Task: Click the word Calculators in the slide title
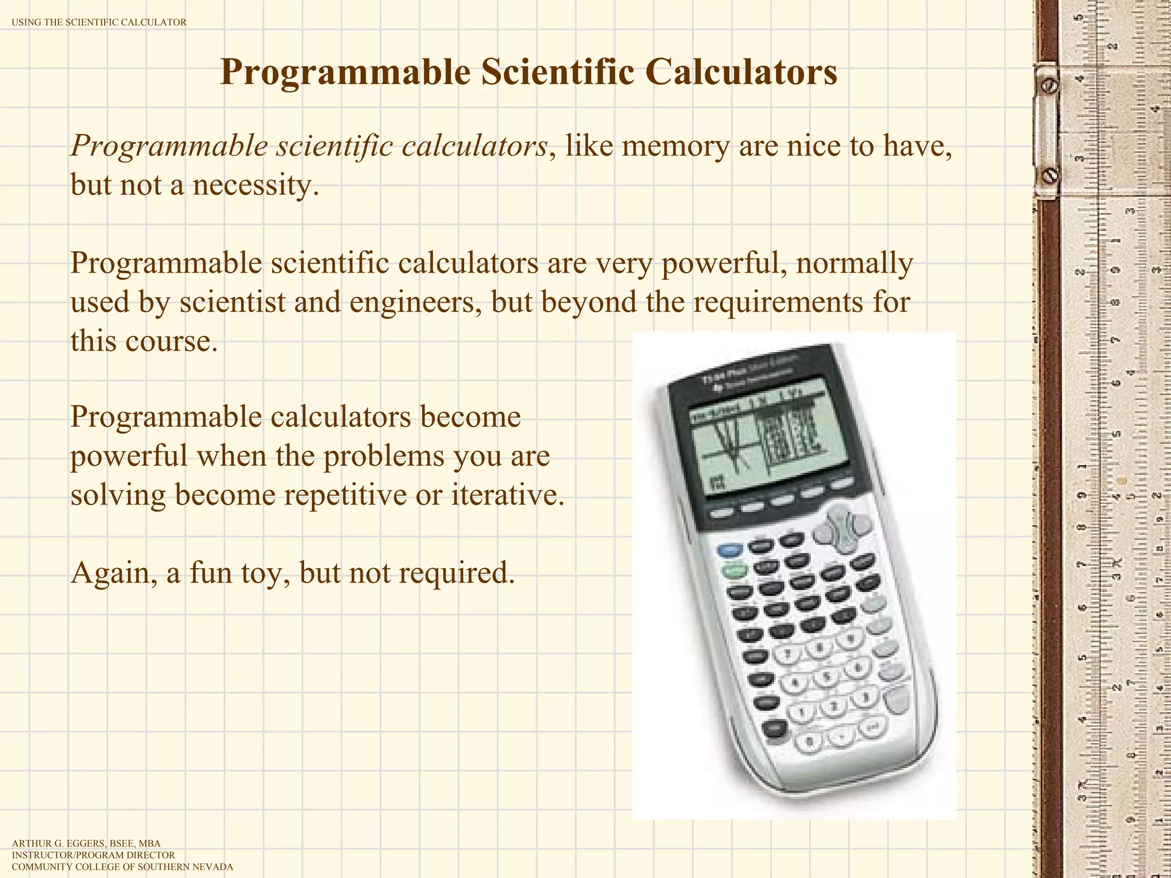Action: tap(742, 72)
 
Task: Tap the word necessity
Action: tap(255, 185)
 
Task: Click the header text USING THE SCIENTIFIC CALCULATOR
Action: tap(99, 22)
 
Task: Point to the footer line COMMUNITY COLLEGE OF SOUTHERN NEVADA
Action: tap(122, 867)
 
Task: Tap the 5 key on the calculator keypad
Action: tap(826, 676)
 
